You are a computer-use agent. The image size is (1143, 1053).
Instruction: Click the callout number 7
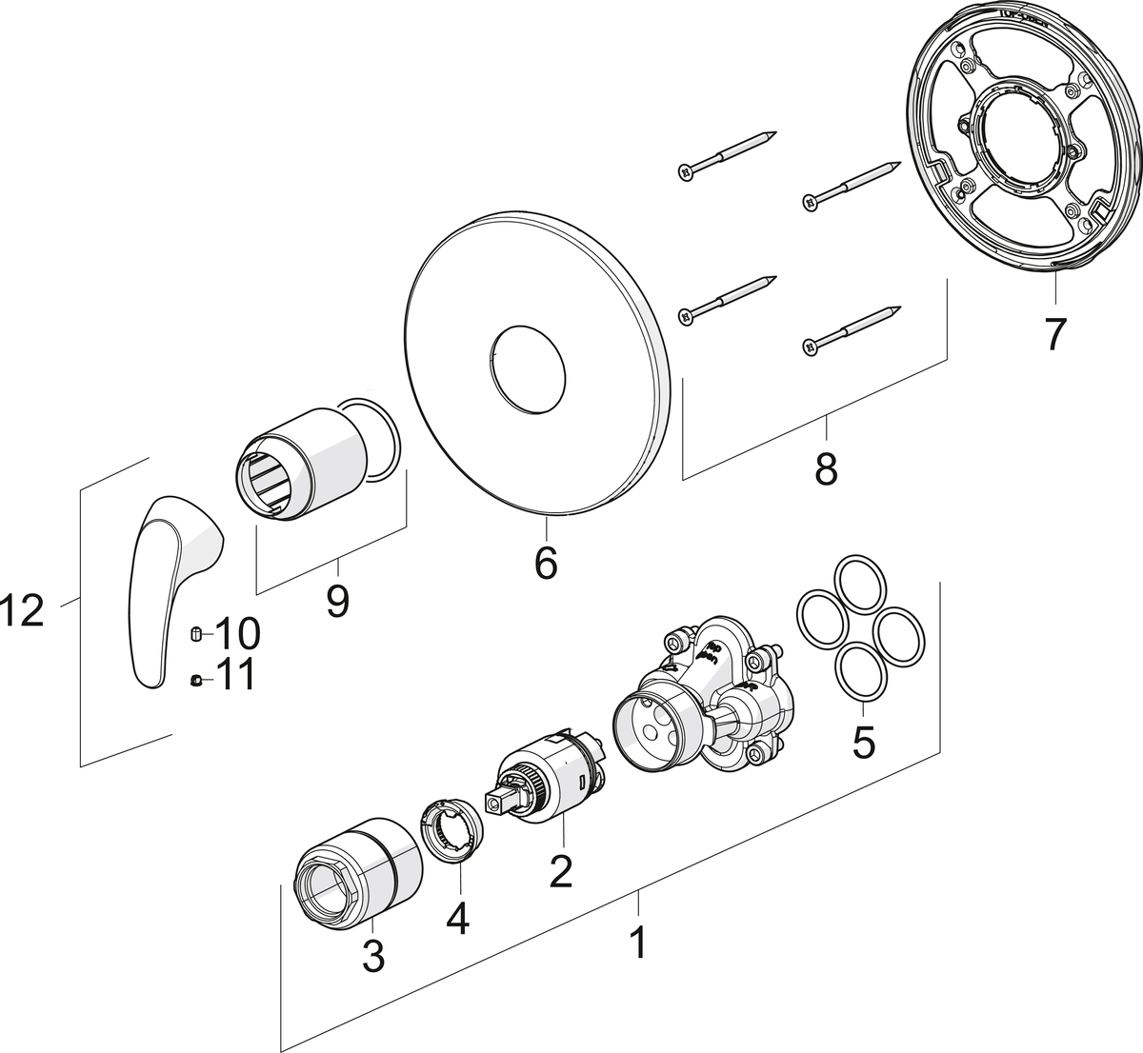click(1054, 333)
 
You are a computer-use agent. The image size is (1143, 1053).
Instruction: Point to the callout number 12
click(23, 611)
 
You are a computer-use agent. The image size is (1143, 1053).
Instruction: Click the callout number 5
click(863, 742)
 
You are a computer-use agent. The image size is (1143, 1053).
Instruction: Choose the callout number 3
click(372, 955)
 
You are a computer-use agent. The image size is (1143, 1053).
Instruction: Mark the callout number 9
click(337, 601)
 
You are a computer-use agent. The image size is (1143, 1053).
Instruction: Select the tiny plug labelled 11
click(194, 679)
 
